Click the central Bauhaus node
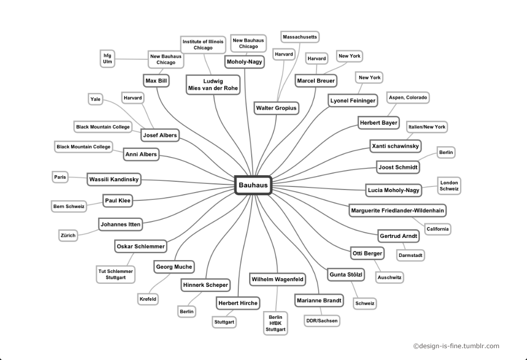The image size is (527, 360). pyautogui.click(x=253, y=185)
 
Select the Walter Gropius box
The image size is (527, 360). pyautogui.click(x=277, y=108)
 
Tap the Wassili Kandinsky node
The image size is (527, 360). pyautogui.click(x=114, y=179)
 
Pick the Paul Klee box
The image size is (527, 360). pyautogui.click(x=118, y=200)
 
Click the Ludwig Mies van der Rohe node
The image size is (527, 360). pyautogui.click(x=213, y=85)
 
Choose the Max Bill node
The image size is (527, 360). pyautogui.click(x=156, y=81)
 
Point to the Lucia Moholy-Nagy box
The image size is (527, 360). pyautogui.click(x=394, y=190)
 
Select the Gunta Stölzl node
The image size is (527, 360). pyautogui.click(x=346, y=275)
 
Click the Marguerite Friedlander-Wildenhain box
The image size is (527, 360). pyautogui.click(x=398, y=210)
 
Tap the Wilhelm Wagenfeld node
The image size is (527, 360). pyautogui.click(x=277, y=279)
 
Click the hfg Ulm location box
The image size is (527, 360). pyautogui.click(x=108, y=58)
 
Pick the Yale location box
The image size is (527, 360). pyautogui.click(x=95, y=99)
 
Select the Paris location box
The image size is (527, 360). pyautogui.click(x=60, y=177)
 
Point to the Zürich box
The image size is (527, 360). pyautogui.click(x=68, y=235)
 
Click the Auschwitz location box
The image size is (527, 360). pyautogui.click(x=390, y=278)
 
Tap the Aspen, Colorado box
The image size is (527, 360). pyautogui.click(x=408, y=97)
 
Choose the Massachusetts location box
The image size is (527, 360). pyautogui.click(x=300, y=37)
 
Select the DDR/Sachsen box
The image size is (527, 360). pyautogui.click(x=322, y=321)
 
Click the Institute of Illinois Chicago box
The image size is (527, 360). pyautogui.click(x=203, y=44)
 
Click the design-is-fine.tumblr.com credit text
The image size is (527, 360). pyautogui.click(x=456, y=346)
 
